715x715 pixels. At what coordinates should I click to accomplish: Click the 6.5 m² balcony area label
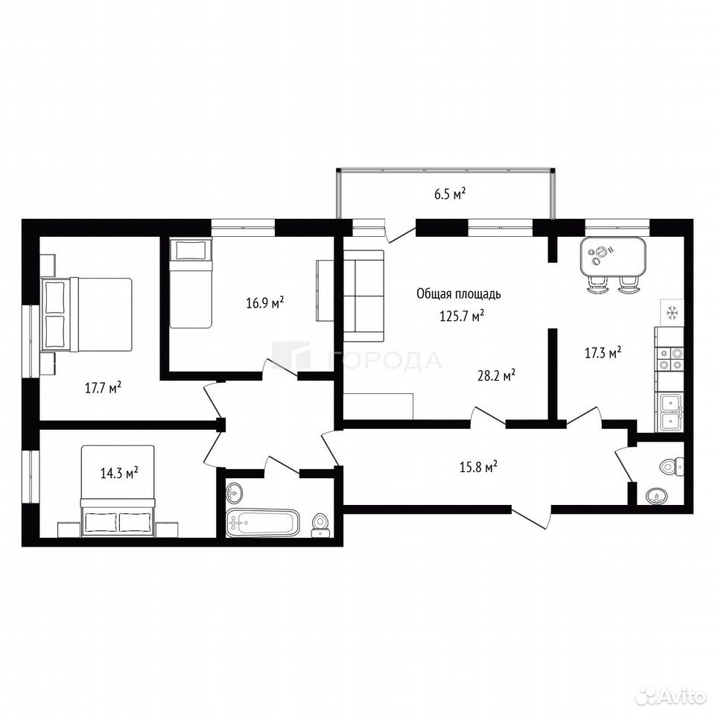click(x=450, y=194)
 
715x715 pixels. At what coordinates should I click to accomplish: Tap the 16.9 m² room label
click(x=265, y=302)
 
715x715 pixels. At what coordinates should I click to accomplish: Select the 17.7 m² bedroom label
click(x=103, y=387)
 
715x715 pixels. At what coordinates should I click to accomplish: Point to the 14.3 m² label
click(x=119, y=473)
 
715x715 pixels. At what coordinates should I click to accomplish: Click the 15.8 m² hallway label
click(x=478, y=467)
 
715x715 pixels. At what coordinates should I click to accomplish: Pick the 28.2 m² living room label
click(x=497, y=375)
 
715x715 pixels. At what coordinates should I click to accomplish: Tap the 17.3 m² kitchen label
click(x=603, y=352)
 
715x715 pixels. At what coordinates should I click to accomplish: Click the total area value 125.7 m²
click(x=462, y=316)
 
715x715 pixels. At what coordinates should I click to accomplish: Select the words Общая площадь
click(x=459, y=294)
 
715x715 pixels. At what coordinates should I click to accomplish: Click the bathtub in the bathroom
click(x=263, y=523)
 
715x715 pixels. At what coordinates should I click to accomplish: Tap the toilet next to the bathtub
click(x=320, y=526)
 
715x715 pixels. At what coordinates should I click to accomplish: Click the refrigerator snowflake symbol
click(x=672, y=313)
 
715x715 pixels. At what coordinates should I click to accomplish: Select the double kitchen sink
click(x=670, y=413)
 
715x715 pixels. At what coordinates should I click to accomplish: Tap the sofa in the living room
click(x=364, y=296)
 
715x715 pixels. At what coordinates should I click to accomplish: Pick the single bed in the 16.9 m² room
click(x=191, y=283)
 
